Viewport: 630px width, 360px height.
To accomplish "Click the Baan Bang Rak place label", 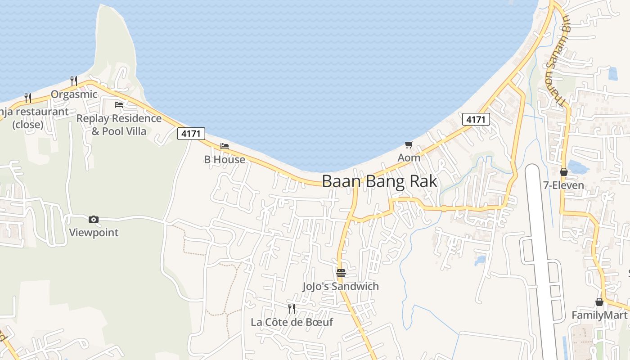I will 379,181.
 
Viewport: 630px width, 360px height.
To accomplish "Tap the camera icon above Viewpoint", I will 94,220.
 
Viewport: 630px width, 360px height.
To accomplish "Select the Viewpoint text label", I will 94,233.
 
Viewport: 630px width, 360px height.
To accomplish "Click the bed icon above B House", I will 225,146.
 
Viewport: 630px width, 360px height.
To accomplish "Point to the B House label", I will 225,159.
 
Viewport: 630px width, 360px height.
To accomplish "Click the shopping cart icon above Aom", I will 409,145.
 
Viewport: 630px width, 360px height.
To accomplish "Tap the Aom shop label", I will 409,158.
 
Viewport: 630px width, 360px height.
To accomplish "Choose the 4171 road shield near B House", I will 191,134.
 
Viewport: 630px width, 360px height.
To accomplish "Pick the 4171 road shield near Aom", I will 476,119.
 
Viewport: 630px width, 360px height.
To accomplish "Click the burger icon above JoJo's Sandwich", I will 341,273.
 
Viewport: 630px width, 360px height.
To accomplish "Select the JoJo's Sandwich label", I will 341,286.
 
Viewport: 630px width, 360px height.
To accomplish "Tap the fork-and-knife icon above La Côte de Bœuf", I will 292,309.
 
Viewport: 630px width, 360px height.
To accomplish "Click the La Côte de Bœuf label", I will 292,322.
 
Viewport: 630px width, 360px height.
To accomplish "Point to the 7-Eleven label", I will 563,185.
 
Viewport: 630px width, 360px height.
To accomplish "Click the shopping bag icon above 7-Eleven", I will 563,172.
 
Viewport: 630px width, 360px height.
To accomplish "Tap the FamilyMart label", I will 599,315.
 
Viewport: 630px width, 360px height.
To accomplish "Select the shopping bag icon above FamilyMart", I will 599,302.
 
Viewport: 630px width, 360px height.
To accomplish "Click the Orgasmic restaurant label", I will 74,94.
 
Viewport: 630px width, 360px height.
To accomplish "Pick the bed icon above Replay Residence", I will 119,105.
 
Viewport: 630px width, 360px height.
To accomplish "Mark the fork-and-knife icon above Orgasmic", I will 74,81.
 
